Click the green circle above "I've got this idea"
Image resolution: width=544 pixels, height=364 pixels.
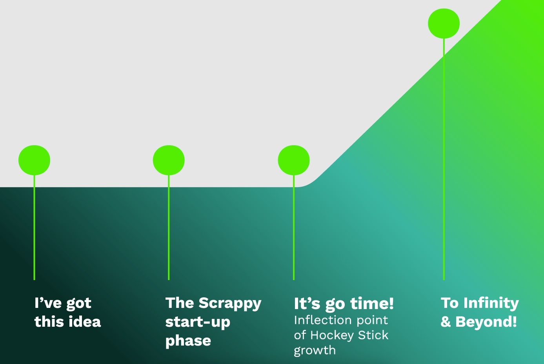coord(34,160)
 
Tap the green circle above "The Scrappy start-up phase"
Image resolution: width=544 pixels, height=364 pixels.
coord(169,160)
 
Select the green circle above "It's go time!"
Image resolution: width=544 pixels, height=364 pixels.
coord(294,160)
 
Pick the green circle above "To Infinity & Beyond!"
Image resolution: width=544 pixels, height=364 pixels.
coord(444,23)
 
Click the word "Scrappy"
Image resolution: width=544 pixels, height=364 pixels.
coord(230,304)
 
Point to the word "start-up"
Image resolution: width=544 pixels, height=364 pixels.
coord(198,322)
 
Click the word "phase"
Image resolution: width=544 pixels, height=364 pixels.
coord(188,341)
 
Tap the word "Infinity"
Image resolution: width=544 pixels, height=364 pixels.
coord(491,304)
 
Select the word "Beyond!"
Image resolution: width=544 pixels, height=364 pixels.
coord(486,322)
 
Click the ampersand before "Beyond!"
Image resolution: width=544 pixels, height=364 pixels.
coord(446,322)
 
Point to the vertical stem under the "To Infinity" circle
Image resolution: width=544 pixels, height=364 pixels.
coord(444,159)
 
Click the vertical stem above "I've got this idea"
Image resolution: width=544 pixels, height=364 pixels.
coord(34,227)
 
